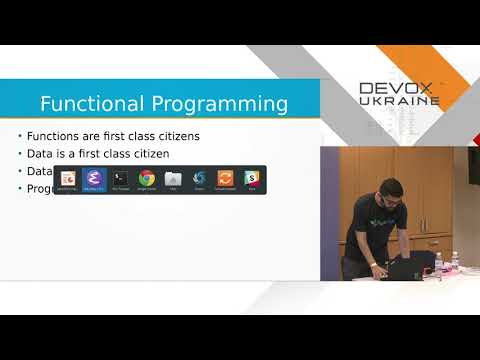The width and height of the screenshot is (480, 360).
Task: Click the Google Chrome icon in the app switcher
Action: pos(147,179)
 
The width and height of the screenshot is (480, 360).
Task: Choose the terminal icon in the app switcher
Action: pos(120,179)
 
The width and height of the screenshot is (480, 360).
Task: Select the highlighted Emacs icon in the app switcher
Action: pos(94,179)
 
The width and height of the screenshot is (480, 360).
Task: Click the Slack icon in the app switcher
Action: pos(252,179)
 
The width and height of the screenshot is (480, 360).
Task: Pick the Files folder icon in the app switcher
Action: pos(173,179)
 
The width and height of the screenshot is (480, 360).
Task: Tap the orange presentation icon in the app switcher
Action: pos(68,179)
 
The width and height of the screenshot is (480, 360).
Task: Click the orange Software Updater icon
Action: pos(225,179)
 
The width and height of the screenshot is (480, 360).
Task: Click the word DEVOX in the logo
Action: pos(396,89)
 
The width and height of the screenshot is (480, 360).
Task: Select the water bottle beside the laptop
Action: pos(438,265)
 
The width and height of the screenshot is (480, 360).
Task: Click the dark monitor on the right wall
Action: pos(473,165)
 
